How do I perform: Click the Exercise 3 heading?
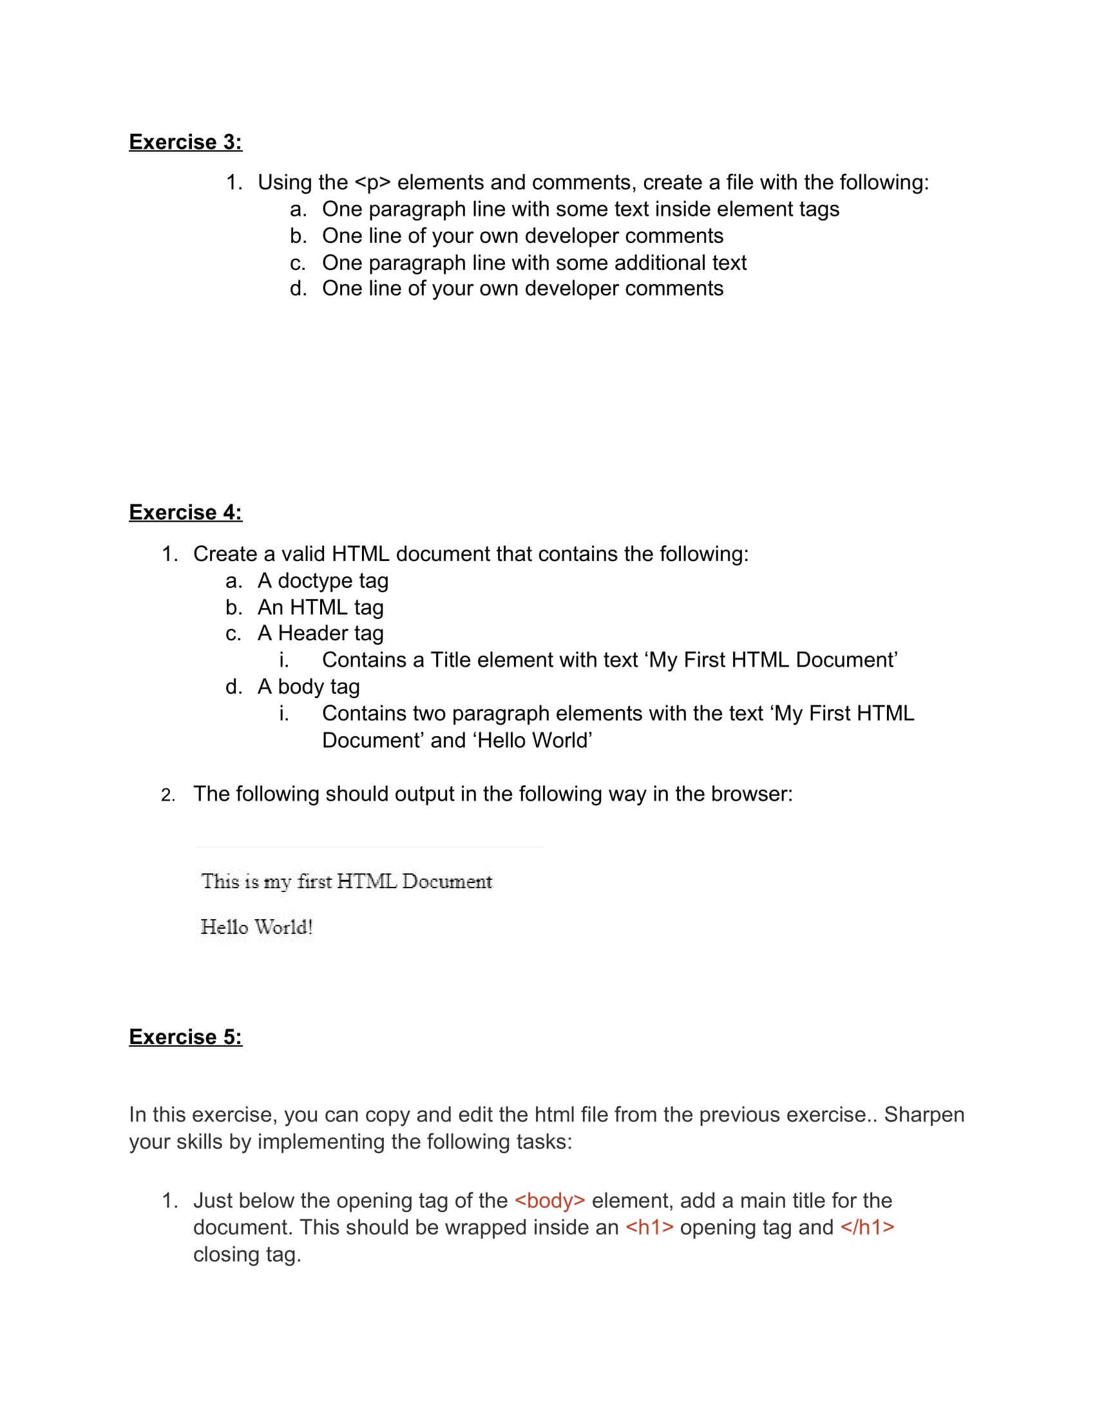pyautogui.click(x=186, y=142)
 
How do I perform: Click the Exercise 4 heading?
pyautogui.click(x=186, y=513)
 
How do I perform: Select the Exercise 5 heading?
pyautogui.click(x=186, y=1037)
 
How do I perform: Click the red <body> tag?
pyautogui.click(x=550, y=1201)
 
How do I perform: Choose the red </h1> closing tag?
pyautogui.click(x=868, y=1228)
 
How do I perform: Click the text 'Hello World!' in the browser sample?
pyautogui.click(x=257, y=927)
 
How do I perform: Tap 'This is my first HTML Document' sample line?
pyautogui.click(x=347, y=882)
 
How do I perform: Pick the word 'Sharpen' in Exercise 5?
pyautogui.click(x=924, y=1115)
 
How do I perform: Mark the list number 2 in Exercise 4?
pyautogui.click(x=168, y=795)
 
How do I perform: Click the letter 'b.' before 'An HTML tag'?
pyautogui.click(x=234, y=607)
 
